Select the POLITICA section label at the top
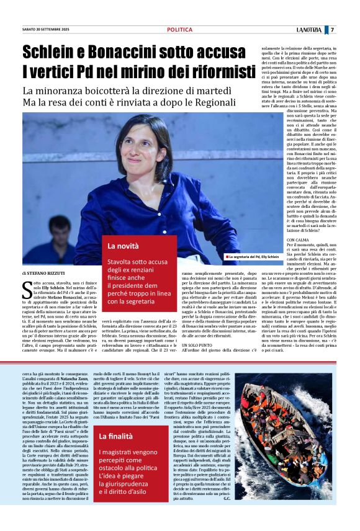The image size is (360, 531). [179, 30]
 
